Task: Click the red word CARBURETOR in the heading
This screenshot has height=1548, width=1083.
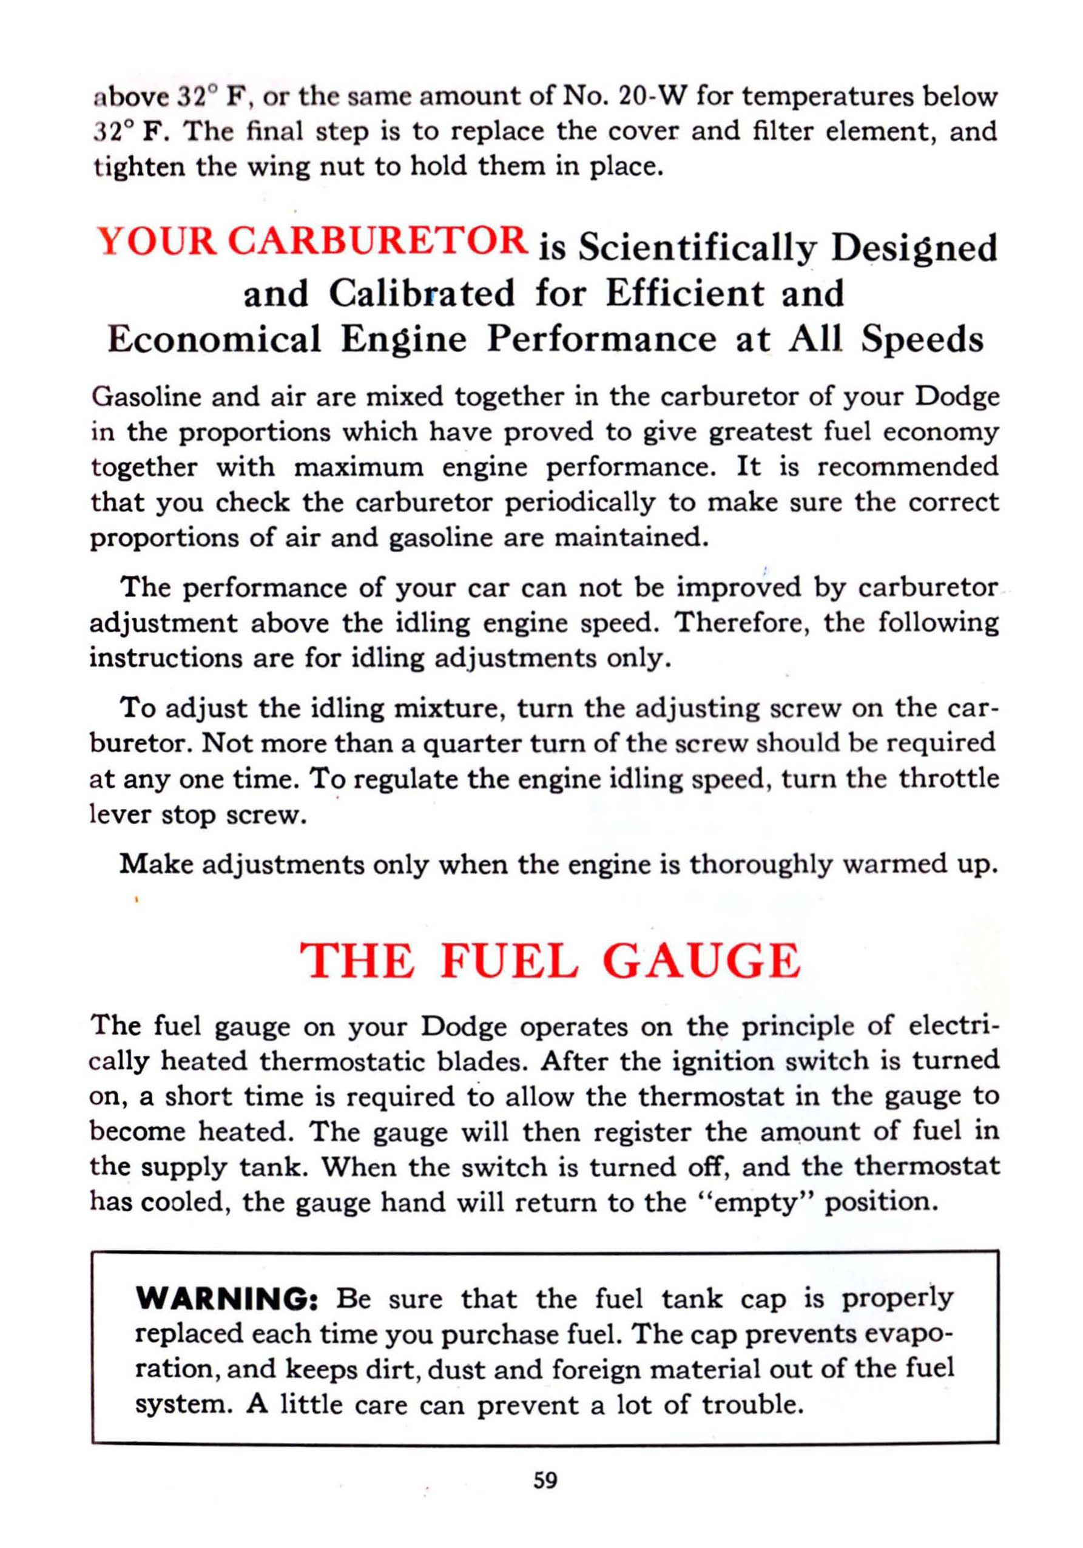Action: (376, 241)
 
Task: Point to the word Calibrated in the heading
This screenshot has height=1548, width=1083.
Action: (422, 293)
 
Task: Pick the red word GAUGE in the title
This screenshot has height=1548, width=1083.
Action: (701, 961)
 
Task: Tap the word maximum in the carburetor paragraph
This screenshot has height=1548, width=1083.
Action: (359, 467)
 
